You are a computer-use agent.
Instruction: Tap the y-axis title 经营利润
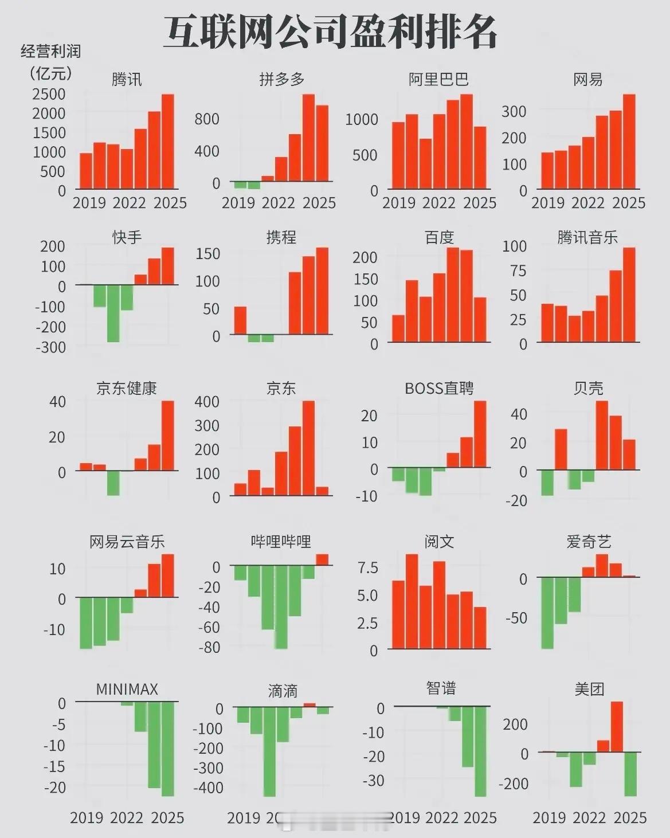click(50, 52)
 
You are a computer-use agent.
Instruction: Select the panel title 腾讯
click(127, 79)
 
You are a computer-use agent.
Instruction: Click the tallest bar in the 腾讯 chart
click(167, 142)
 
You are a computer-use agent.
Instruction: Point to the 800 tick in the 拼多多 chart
click(207, 119)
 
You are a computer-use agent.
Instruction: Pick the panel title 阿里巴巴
click(438, 79)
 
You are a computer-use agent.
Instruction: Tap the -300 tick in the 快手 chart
click(50, 347)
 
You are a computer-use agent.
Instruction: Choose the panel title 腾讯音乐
click(587, 237)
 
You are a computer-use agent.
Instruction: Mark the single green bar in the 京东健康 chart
click(113, 483)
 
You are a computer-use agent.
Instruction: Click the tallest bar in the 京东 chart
click(308, 448)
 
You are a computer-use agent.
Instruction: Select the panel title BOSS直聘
click(439, 389)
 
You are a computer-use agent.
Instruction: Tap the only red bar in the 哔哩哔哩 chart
click(322, 559)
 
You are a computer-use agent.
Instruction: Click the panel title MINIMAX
click(127, 689)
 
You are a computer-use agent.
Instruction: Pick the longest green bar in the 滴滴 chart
click(269, 751)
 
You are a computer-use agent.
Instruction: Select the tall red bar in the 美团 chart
click(617, 726)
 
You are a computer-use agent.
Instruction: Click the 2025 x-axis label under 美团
click(630, 817)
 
